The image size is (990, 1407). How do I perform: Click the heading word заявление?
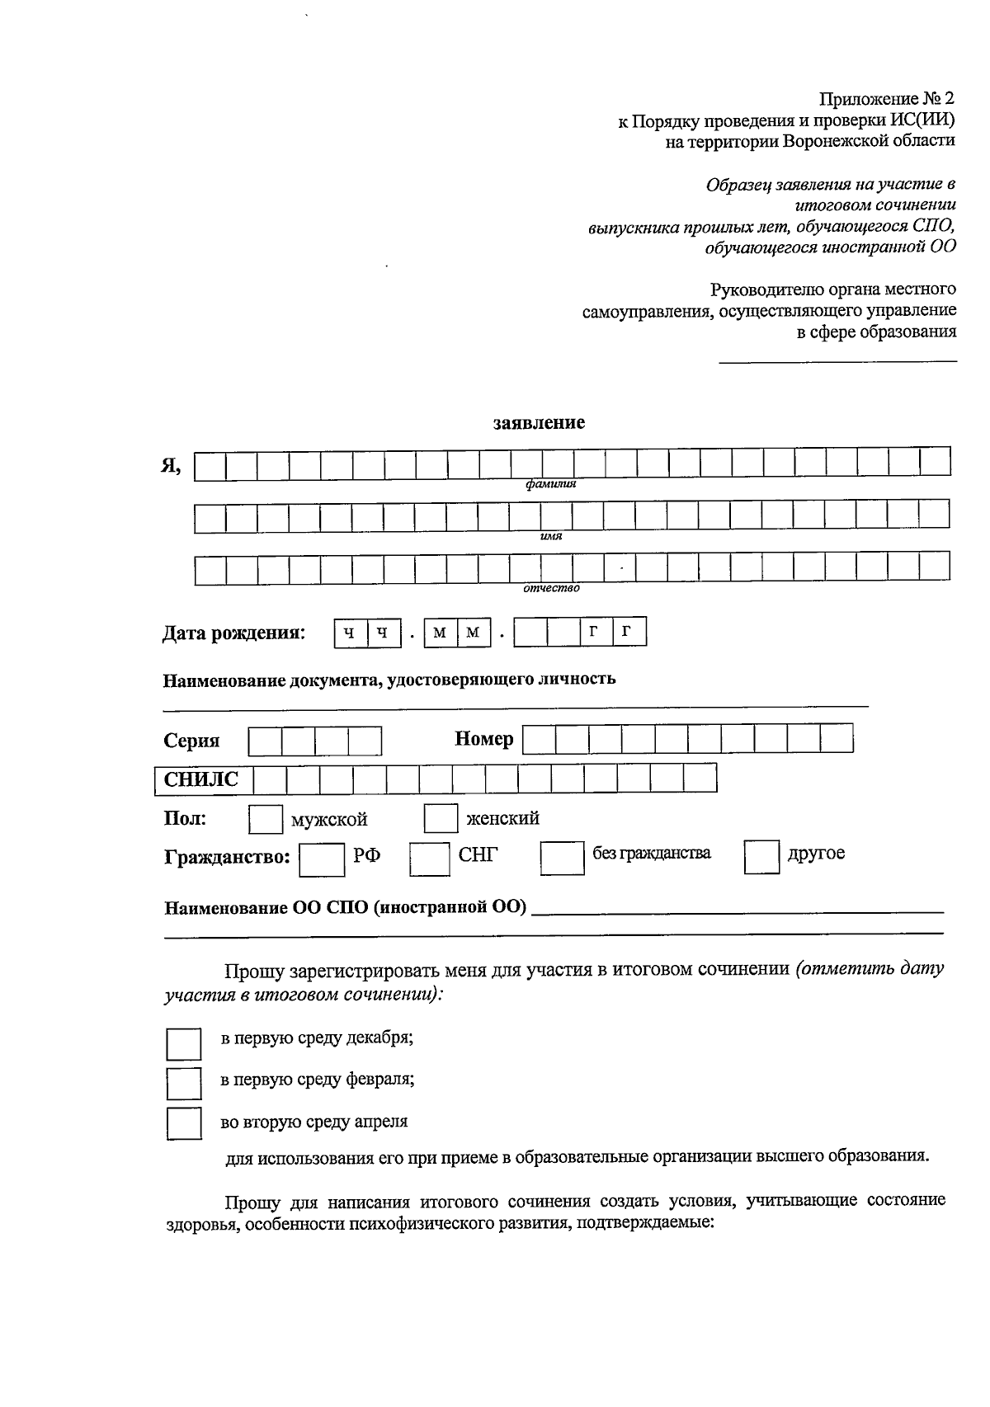[539, 423]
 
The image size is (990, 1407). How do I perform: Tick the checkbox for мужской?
[265, 819]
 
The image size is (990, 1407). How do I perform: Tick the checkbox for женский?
[441, 818]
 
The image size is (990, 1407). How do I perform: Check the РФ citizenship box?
[322, 859]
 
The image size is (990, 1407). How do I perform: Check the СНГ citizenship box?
[430, 859]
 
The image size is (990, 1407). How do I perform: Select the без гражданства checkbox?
[562, 858]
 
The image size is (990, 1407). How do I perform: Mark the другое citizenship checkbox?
[761, 857]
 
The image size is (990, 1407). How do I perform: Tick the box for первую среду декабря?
[184, 1043]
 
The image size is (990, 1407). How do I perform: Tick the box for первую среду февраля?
[184, 1083]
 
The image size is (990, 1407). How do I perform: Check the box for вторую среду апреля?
[184, 1124]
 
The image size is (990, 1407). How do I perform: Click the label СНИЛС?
[201, 780]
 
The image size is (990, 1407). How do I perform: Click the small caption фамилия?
[550, 485]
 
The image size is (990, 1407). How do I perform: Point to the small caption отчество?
[551, 588]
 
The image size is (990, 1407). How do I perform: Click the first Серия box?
[265, 741]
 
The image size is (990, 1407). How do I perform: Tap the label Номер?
[484, 739]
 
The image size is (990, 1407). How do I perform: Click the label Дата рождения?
[233, 633]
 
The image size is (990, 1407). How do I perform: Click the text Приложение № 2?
[887, 100]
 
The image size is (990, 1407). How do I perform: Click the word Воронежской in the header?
[836, 141]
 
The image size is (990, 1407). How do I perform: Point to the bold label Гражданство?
[227, 858]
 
